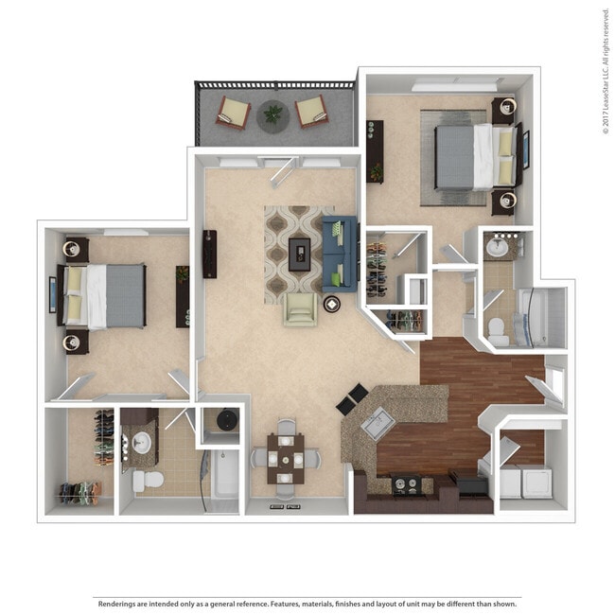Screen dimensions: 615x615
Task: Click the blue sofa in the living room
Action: (340, 253)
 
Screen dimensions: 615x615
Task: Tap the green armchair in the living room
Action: (300, 309)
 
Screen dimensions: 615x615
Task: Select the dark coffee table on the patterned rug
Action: (301, 252)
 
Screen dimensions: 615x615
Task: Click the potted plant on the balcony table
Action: (273, 114)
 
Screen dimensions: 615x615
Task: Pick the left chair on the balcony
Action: (233, 112)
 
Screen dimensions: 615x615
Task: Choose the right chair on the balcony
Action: (311, 112)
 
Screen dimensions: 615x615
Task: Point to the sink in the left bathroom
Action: (143, 442)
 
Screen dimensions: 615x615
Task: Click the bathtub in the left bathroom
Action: (225, 474)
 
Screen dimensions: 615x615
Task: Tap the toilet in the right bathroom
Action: (496, 328)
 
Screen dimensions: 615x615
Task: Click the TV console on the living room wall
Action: (209, 254)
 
